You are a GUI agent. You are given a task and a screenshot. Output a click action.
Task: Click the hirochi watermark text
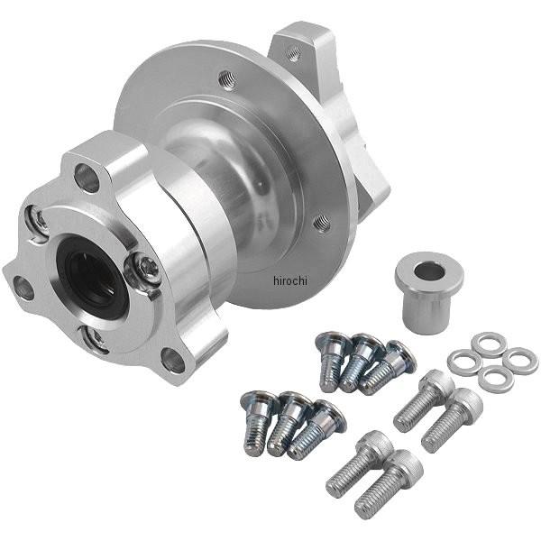coord(290,280)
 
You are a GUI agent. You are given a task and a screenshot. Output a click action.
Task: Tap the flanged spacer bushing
coord(429,292)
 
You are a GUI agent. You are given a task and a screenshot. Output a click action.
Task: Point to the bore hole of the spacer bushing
coord(429,271)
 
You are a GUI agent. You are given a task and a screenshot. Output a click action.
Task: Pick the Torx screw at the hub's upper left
coord(38,222)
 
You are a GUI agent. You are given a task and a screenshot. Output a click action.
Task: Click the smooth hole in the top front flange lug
coord(87,178)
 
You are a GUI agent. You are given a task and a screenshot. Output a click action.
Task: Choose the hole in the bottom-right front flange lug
coord(173,361)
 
